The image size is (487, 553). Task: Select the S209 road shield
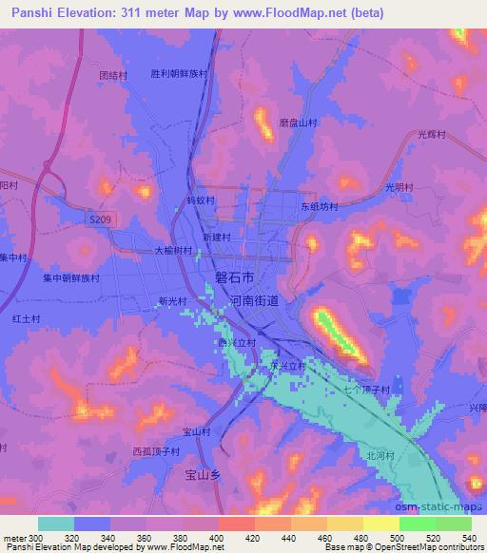click(x=110, y=218)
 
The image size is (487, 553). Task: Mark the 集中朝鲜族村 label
click(x=70, y=278)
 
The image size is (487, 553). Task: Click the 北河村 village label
click(x=380, y=455)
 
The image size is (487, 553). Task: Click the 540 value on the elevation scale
click(x=469, y=537)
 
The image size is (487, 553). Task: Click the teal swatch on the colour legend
click(x=56, y=524)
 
